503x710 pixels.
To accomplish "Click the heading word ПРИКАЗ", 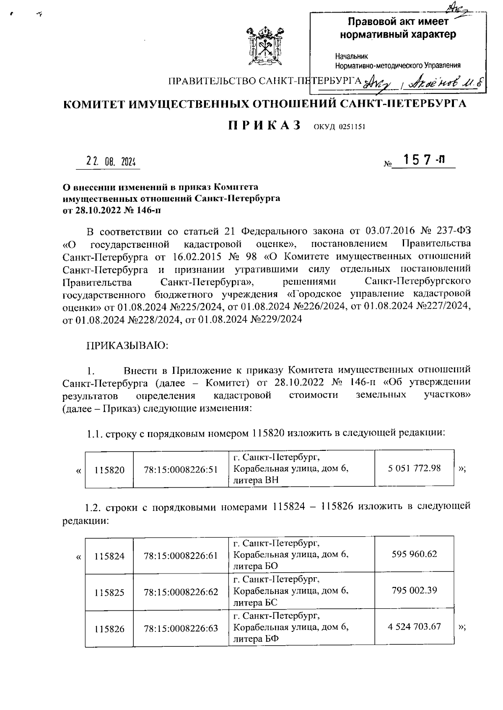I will coord(265,126).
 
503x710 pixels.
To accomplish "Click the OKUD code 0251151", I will coord(340,127).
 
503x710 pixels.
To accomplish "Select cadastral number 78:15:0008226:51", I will coord(181,470).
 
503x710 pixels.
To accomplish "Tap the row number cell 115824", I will coord(109,556).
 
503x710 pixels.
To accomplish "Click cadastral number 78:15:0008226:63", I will coord(181,628).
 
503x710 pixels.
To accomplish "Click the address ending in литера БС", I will coord(290,591).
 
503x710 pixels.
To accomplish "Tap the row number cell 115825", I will coord(109,592).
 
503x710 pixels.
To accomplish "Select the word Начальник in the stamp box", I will coord(351,56).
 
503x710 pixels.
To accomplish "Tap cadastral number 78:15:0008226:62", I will coord(181,592).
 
